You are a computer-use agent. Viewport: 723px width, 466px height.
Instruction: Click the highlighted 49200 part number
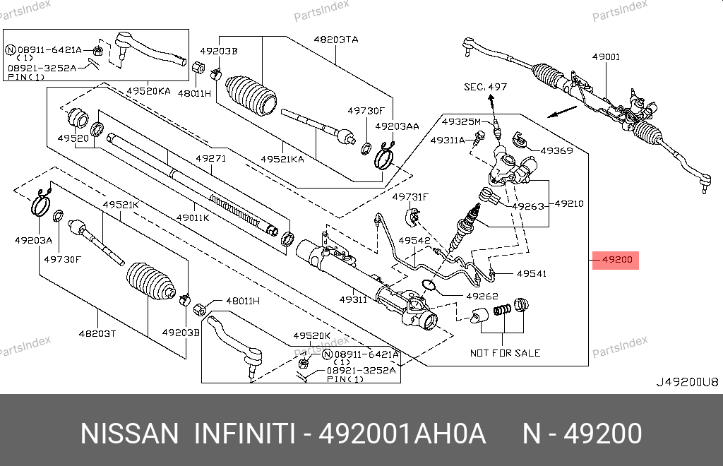(616, 260)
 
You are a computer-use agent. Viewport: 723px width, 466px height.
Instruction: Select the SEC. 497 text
(485, 87)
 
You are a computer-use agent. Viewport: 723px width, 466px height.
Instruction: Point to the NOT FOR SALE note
(505, 353)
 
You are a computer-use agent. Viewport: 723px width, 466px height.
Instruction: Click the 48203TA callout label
(336, 40)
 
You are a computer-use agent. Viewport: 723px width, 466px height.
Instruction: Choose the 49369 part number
(556, 150)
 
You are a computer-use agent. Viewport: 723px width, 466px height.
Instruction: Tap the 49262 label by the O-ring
(482, 297)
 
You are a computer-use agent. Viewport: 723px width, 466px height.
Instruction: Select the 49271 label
(211, 159)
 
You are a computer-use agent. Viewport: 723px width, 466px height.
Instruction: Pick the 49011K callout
(193, 218)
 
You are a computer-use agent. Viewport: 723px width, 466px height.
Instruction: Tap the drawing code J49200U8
(687, 382)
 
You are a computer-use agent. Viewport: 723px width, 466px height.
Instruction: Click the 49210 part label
(569, 203)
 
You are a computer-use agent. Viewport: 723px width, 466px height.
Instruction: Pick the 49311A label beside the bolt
(448, 141)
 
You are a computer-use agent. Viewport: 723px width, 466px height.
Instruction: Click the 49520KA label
(149, 91)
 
